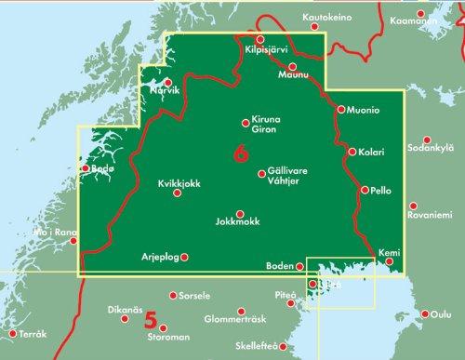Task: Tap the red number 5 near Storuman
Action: [x=150, y=320]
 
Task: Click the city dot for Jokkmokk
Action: [x=240, y=213]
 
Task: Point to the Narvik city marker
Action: [x=168, y=83]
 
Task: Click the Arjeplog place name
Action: [x=157, y=257]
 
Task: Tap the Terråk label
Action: [x=33, y=332]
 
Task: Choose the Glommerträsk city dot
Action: [x=241, y=310]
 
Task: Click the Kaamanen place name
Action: [x=440, y=18]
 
